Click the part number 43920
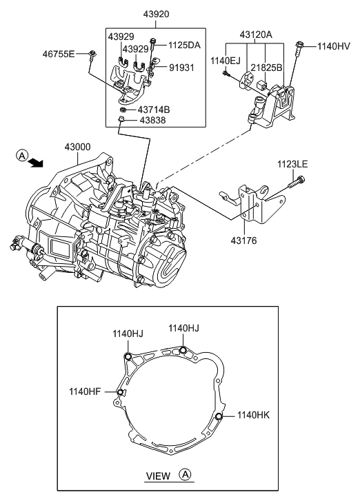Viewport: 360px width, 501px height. [x=155, y=14]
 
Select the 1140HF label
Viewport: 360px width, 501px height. [x=85, y=391]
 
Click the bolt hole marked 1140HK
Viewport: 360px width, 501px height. [x=219, y=416]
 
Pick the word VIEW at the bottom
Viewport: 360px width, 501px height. [x=159, y=476]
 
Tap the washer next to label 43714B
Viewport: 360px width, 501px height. [x=123, y=110]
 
